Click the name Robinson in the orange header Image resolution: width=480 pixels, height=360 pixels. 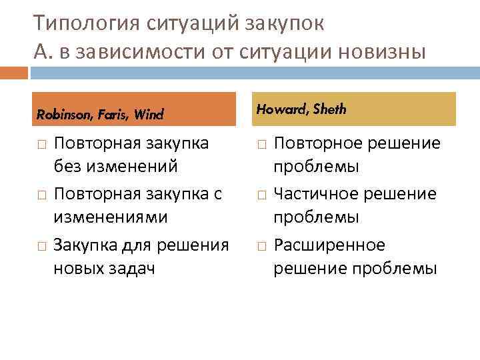point(59,114)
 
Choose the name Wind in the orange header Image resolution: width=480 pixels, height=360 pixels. point(149,114)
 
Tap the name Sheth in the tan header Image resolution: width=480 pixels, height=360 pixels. point(329,109)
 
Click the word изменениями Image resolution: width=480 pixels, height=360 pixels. point(111,217)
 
